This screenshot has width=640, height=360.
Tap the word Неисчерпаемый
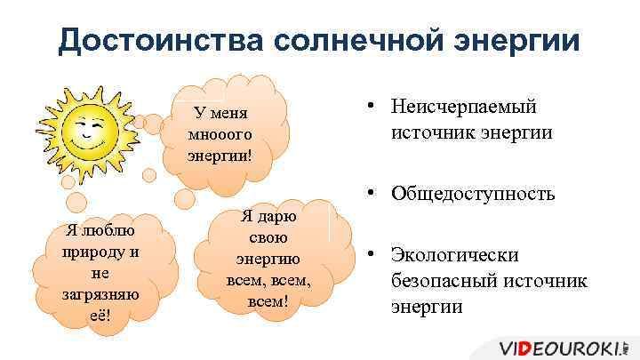coord(464,108)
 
